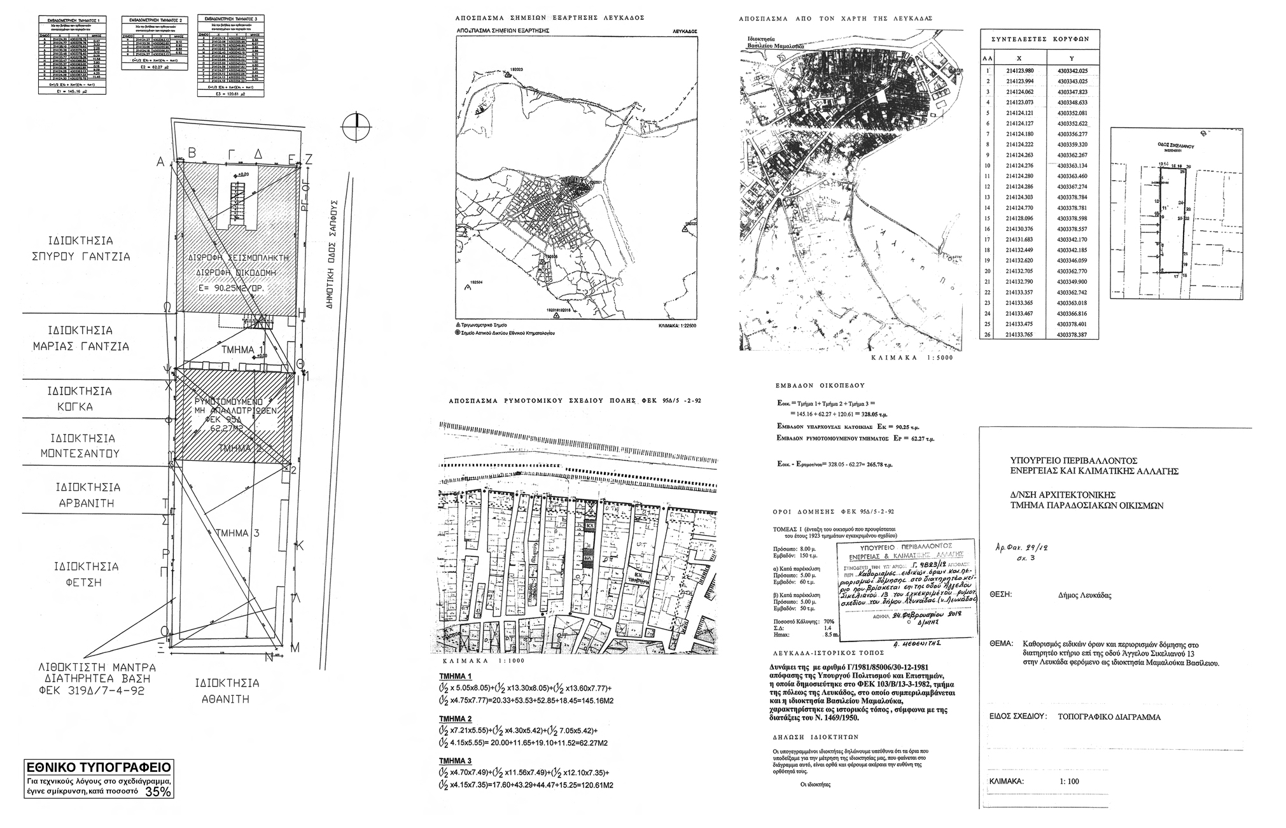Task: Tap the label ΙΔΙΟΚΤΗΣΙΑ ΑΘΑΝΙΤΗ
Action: pyautogui.click(x=228, y=691)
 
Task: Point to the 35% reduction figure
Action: pyautogui.click(x=158, y=792)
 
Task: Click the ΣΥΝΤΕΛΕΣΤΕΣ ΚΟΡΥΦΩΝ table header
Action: pyautogui.click(x=1040, y=39)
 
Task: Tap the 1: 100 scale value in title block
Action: pyautogui.click(x=1069, y=782)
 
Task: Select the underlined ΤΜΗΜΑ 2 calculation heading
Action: pyautogui.click(x=456, y=719)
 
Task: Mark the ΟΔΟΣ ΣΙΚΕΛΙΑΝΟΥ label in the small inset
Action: pyautogui.click(x=1176, y=146)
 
